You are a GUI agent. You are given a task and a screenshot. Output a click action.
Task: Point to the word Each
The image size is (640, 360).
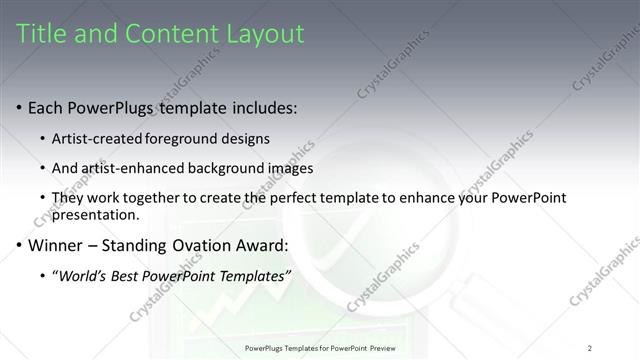tap(45, 107)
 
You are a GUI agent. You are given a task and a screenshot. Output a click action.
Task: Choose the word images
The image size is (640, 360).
tap(290, 168)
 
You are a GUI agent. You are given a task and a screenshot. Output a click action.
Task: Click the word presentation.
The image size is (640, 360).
tap(94, 214)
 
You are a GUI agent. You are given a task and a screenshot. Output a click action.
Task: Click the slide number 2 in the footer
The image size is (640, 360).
tap(590, 348)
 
